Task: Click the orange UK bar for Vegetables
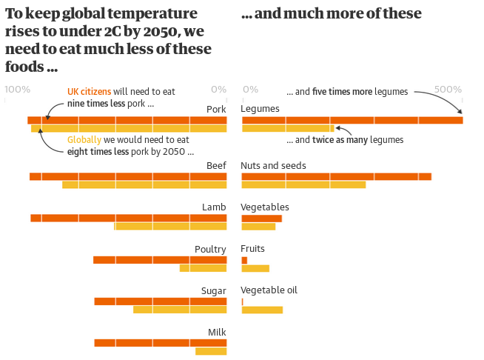pyautogui.click(x=261, y=219)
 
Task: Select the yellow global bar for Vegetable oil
pyautogui.click(x=262, y=310)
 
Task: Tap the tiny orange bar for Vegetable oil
pyautogui.click(x=242, y=301)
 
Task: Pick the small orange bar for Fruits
pyautogui.click(x=244, y=260)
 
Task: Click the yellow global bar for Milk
pyautogui.click(x=211, y=351)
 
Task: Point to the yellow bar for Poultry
pyautogui.click(x=203, y=268)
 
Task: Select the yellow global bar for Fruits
pyautogui.click(x=255, y=268)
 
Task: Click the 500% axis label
pyautogui.click(x=448, y=90)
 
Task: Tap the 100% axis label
pyautogui.click(x=18, y=90)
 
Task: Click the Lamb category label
pyautogui.click(x=214, y=207)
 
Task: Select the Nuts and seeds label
pyautogui.click(x=273, y=166)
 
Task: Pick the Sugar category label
pyautogui.click(x=214, y=291)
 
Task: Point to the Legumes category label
pyautogui.click(x=260, y=109)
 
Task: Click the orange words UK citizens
pyautogui.click(x=89, y=91)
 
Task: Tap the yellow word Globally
pyautogui.click(x=84, y=140)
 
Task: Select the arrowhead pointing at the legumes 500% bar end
pyautogui.click(x=460, y=111)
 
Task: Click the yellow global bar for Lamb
pyautogui.click(x=170, y=226)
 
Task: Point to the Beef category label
pyautogui.click(x=216, y=166)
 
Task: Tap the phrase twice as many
pyautogui.click(x=340, y=140)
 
